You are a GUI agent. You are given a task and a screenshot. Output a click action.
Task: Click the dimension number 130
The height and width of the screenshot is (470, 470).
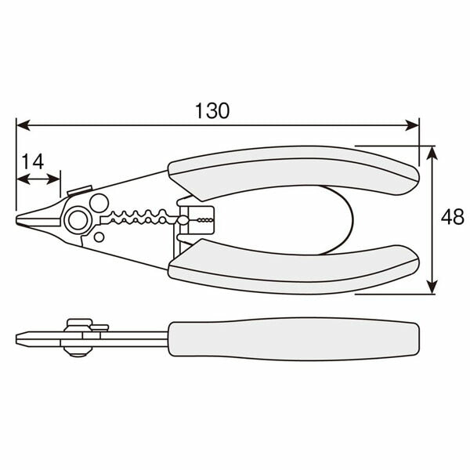click(211, 110)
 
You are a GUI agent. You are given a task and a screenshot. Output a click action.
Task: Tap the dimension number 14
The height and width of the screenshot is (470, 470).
click(31, 161)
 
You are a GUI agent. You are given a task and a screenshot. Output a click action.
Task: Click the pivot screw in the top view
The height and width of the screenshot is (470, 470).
click(77, 220)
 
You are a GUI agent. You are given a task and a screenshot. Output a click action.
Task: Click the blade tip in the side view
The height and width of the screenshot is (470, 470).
click(20, 338)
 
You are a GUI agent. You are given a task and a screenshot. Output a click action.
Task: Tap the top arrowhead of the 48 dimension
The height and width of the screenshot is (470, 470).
click(431, 152)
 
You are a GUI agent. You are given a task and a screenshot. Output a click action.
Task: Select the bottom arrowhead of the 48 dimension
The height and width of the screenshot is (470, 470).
click(431, 289)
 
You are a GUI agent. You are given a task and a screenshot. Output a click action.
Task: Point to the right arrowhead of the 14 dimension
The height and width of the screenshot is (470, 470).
click(56, 179)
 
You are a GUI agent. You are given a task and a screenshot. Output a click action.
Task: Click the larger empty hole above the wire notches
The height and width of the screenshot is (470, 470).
click(98, 203)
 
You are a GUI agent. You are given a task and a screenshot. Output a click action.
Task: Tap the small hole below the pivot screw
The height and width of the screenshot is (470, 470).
click(99, 237)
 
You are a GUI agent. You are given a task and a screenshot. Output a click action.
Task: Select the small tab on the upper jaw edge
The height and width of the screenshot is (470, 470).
click(76, 190)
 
